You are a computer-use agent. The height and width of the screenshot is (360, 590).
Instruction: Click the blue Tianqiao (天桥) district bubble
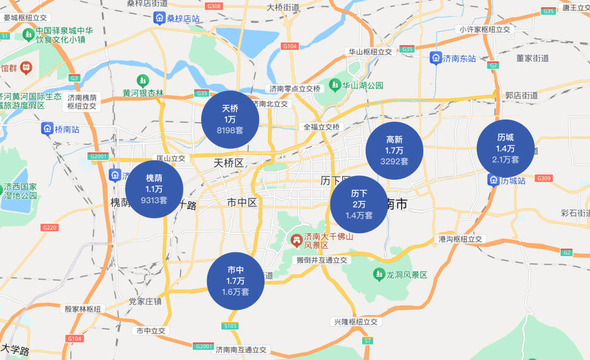[x=230, y=119]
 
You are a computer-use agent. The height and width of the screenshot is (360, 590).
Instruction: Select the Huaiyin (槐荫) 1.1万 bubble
[x=154, y=189]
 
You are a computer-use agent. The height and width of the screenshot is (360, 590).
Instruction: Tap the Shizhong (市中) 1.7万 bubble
[x=235, y=281]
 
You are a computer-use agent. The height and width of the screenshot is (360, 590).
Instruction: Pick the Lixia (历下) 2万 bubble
[x=359, y=204]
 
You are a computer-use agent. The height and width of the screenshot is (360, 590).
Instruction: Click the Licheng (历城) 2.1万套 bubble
[x=505, y=149]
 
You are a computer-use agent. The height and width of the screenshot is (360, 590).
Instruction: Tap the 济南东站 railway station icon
[x=435, y=58]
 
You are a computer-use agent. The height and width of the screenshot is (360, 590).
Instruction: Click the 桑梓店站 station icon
[x=160, y=19]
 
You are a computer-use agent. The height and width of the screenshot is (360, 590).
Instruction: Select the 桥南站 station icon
[x=48, y=129]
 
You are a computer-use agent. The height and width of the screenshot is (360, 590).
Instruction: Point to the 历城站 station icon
[x=493, y=180]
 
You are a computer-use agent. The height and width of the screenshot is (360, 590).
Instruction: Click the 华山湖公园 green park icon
[x=334, y=86]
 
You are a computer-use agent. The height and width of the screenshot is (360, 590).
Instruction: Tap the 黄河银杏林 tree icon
[x=143, y=81]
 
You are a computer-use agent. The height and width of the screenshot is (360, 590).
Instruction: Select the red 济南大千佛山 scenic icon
[x=296, y=239]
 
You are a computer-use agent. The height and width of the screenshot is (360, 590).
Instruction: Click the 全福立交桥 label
[x=322, y=127]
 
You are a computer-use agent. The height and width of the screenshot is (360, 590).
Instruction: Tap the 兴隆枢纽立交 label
[x=356, y=322]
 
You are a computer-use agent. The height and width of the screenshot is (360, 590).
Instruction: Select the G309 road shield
[x=544, y=178]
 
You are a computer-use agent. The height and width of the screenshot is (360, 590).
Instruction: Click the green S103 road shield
[x=231, y=326]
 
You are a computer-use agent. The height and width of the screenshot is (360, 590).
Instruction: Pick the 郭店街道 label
[x=521, y=95]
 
